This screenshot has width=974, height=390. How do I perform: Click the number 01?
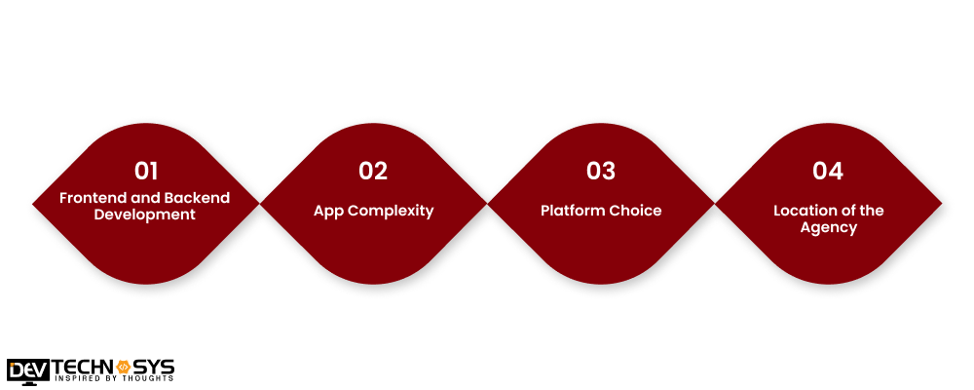coord(146,171)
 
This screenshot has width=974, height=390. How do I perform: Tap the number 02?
coord(373,171)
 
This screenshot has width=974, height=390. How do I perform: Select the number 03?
coord(601,171)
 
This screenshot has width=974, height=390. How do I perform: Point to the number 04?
coord(828,171)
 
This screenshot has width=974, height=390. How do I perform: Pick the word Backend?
coord(199,198)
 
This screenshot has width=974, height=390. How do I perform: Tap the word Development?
coord(145,214)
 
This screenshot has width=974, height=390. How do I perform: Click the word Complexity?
coord(392,211)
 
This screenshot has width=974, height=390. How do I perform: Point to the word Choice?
coord(636,211)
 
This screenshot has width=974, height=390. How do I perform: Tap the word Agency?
coord(828,228)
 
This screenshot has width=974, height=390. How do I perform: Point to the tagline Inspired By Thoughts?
coord(114,380)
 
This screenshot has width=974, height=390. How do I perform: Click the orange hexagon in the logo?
coord(124,366)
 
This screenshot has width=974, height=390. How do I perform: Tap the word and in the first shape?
coord(148,198)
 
